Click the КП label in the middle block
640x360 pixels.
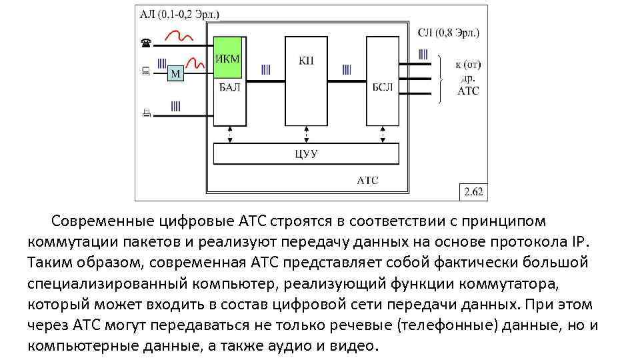pyautogui.click(x=306, y=61)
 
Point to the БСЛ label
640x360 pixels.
pyautogui.click(x=383, y=87)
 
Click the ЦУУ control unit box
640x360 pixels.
pyautogui.click(x=306, y=155)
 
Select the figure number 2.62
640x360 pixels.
pyautogui.click(x=473, y=192)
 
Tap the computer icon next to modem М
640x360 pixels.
pyautogui.click(x=146, y=70)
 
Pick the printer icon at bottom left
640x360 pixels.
pyautogui.click(x=146, y=113)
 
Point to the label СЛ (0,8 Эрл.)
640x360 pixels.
pyautogui.click(x=449, y=32)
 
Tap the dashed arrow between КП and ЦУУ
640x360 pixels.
pyautogui.click(x=306, y=135)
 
